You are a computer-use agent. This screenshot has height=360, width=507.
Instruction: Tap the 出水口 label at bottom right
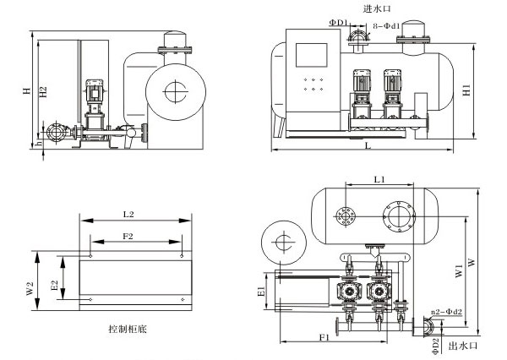[464, 345]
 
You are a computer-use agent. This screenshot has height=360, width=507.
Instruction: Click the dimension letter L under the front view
[367, 145]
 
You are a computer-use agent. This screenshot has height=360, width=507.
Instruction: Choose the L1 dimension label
[379, 179]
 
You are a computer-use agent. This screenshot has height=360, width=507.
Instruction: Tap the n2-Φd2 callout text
[450, 314]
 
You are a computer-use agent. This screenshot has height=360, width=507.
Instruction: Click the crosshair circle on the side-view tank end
[174, 90]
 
